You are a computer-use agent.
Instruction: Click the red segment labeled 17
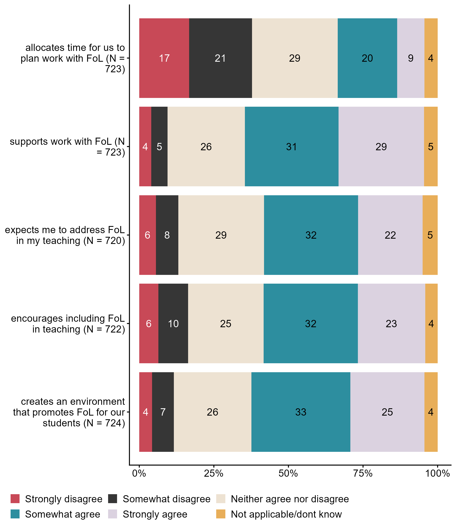coord(164,58)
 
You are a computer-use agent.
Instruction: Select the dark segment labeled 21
coord(220,58)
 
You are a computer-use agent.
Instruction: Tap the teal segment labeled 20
coord(367,58)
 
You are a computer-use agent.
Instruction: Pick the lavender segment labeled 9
coord(411,58)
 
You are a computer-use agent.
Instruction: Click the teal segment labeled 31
coord(291,147)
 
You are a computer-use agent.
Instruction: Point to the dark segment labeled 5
coord(159,147)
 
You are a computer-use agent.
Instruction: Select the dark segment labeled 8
coord(167,235)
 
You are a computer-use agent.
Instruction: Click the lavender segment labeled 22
coord(390,235)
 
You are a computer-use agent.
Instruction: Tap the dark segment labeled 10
coord(173,324)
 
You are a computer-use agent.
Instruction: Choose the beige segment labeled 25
coord(226,324)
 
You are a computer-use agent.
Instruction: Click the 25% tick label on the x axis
coord(214,474)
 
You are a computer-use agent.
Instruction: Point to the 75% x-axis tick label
coord(363,474)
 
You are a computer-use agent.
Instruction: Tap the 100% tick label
coord(437,474)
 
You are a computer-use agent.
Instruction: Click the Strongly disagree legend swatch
coord(15,499)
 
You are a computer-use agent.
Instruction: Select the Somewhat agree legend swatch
coord(15,514)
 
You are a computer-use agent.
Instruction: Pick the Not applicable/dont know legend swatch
coord(221,514)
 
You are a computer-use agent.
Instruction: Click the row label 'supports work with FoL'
coord(67,147)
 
